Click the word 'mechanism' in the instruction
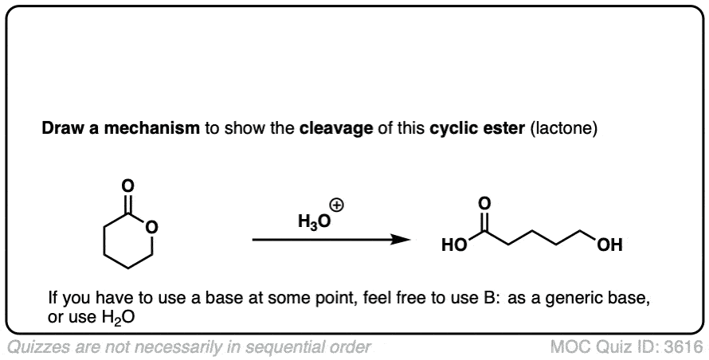151,129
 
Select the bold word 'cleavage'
336,129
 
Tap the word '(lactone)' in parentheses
564,129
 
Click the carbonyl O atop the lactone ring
128,186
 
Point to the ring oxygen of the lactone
153,228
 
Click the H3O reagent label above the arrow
314,222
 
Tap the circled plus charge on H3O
337,206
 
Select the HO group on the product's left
454,245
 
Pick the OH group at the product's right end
609,245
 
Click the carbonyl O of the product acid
484,204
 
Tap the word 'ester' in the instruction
506,129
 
